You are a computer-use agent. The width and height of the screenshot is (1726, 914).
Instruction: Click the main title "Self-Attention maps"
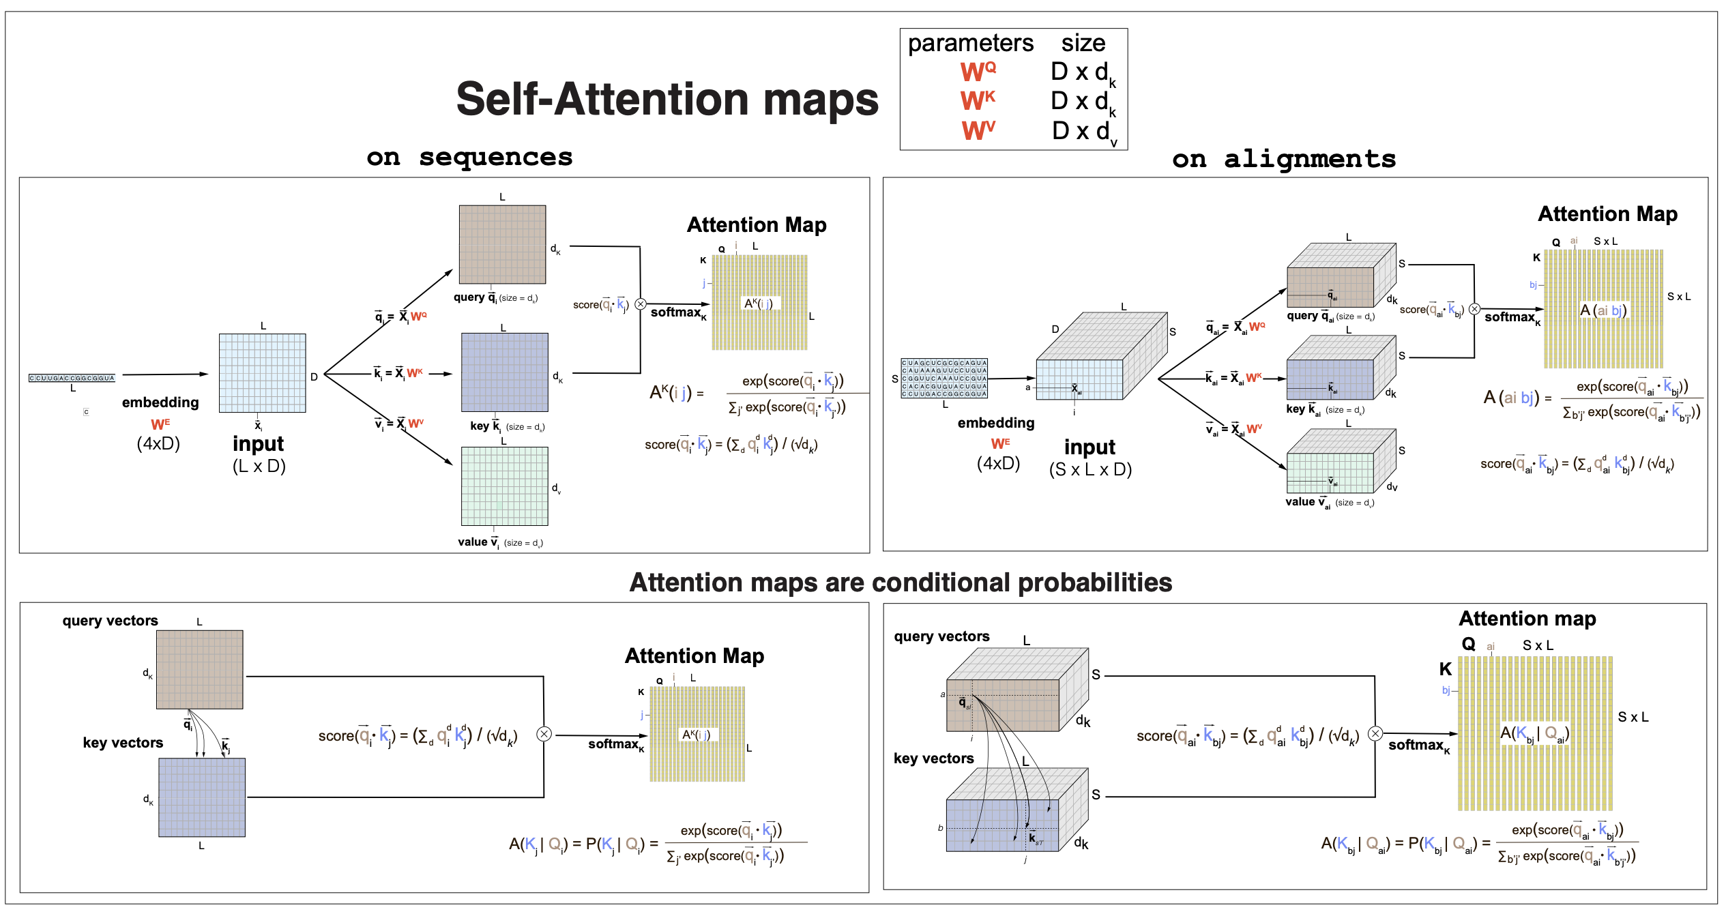point(667,100)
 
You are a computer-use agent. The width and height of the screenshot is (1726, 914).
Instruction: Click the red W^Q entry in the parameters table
point(978,71)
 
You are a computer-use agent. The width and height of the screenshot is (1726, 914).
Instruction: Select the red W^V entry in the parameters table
point(978,130)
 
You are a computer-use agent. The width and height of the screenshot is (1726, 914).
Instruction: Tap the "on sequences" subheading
point(469,157)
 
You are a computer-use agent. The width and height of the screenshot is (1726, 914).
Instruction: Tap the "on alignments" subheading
point(1283,159)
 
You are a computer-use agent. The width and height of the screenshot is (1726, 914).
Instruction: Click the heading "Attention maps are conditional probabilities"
point(901,583)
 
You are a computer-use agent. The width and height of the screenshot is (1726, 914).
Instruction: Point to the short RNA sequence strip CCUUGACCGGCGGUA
point(72,378)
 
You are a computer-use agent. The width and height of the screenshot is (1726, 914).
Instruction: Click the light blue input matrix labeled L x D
point(262,373)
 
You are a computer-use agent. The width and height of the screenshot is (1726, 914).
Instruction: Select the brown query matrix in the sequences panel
point(502,244)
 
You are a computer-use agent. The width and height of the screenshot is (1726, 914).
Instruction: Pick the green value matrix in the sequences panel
point(504,486)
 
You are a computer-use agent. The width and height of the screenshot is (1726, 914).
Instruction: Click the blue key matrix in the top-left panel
point(504,372)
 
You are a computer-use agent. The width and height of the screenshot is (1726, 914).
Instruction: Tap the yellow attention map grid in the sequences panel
point(759,302)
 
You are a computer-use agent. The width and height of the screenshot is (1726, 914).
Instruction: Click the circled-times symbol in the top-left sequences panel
point(640,304)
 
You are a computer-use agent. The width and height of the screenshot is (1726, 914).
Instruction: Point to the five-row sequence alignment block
point(944,378)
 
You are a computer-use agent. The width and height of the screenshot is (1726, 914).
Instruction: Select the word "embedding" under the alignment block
point(995,423)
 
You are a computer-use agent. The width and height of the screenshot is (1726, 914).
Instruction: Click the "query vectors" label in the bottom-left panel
point(110,621)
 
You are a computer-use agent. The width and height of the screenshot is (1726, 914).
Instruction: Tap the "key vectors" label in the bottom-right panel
point(933,758)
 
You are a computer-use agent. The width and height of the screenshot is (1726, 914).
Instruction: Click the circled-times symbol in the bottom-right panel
point(1375,734)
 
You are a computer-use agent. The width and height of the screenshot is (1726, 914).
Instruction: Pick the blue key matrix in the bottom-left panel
point(201,797)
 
